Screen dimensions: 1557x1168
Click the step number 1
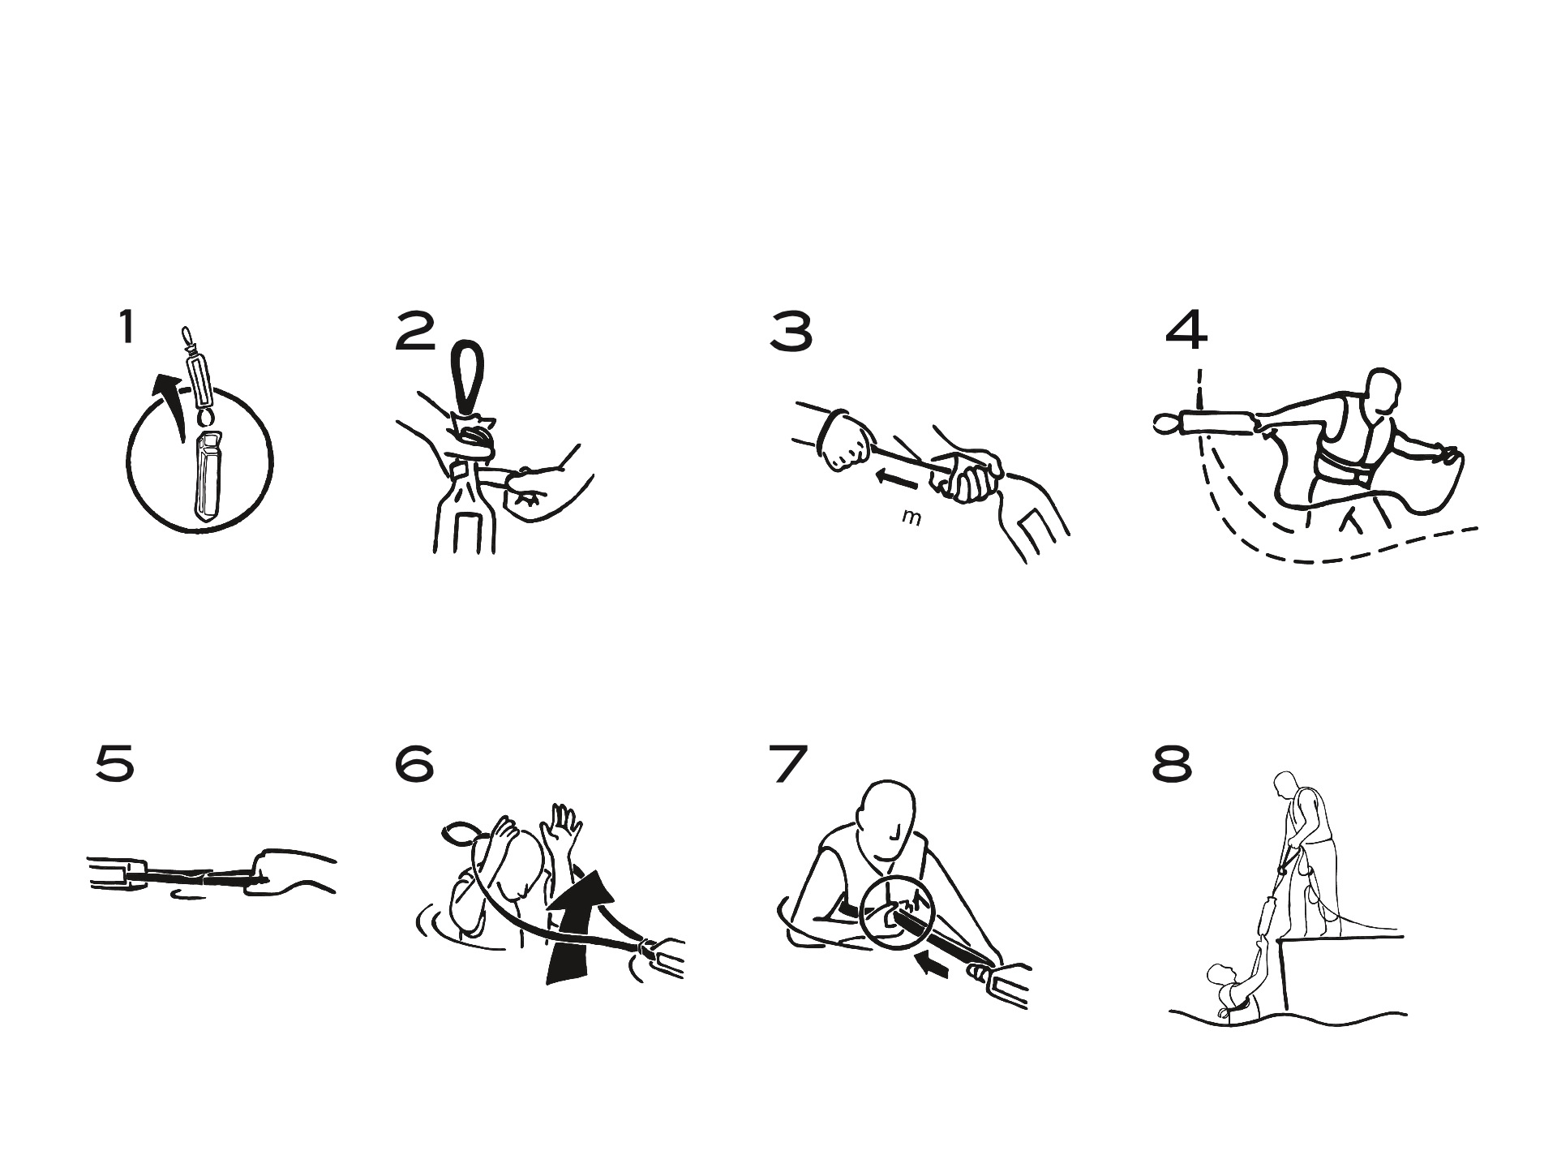(127, 328)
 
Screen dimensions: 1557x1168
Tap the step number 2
(416, 333)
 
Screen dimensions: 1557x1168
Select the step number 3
(791, 333)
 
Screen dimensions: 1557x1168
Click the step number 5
(114, 764)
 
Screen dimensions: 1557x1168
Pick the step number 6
(414, 764)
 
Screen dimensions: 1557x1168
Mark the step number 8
(1173, 764)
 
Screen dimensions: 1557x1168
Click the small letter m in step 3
(911, 517)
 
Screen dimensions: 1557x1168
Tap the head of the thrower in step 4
(1383, 393)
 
